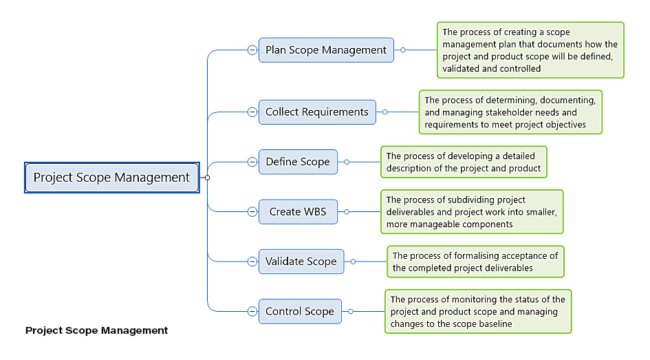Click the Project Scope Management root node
[x=111, y=178]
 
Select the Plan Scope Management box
[x=326, y=50]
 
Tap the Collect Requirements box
[x=317, y=112]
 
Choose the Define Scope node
[x=298, y=162]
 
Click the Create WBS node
[x=298, y=211]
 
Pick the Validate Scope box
[x=301, y=262]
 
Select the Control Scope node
[x=300, y=311]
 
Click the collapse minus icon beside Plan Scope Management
[x=252, y=50]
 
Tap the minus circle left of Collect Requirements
[x=252, y=112]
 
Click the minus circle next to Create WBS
[x=252, y=211]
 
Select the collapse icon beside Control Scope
[x=252, y=311]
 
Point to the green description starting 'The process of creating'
[x=530, y=50]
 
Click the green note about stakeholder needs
[x=510, y=112]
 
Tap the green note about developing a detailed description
[x=464, y=162]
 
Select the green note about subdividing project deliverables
[x=472, y=211]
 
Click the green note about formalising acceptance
[x=475, y=262]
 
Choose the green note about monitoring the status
[x=477, y=311]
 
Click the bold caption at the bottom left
[x=97, y=330]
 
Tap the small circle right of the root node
[x=207, y=178]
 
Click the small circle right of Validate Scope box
[x=353, y=262]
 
